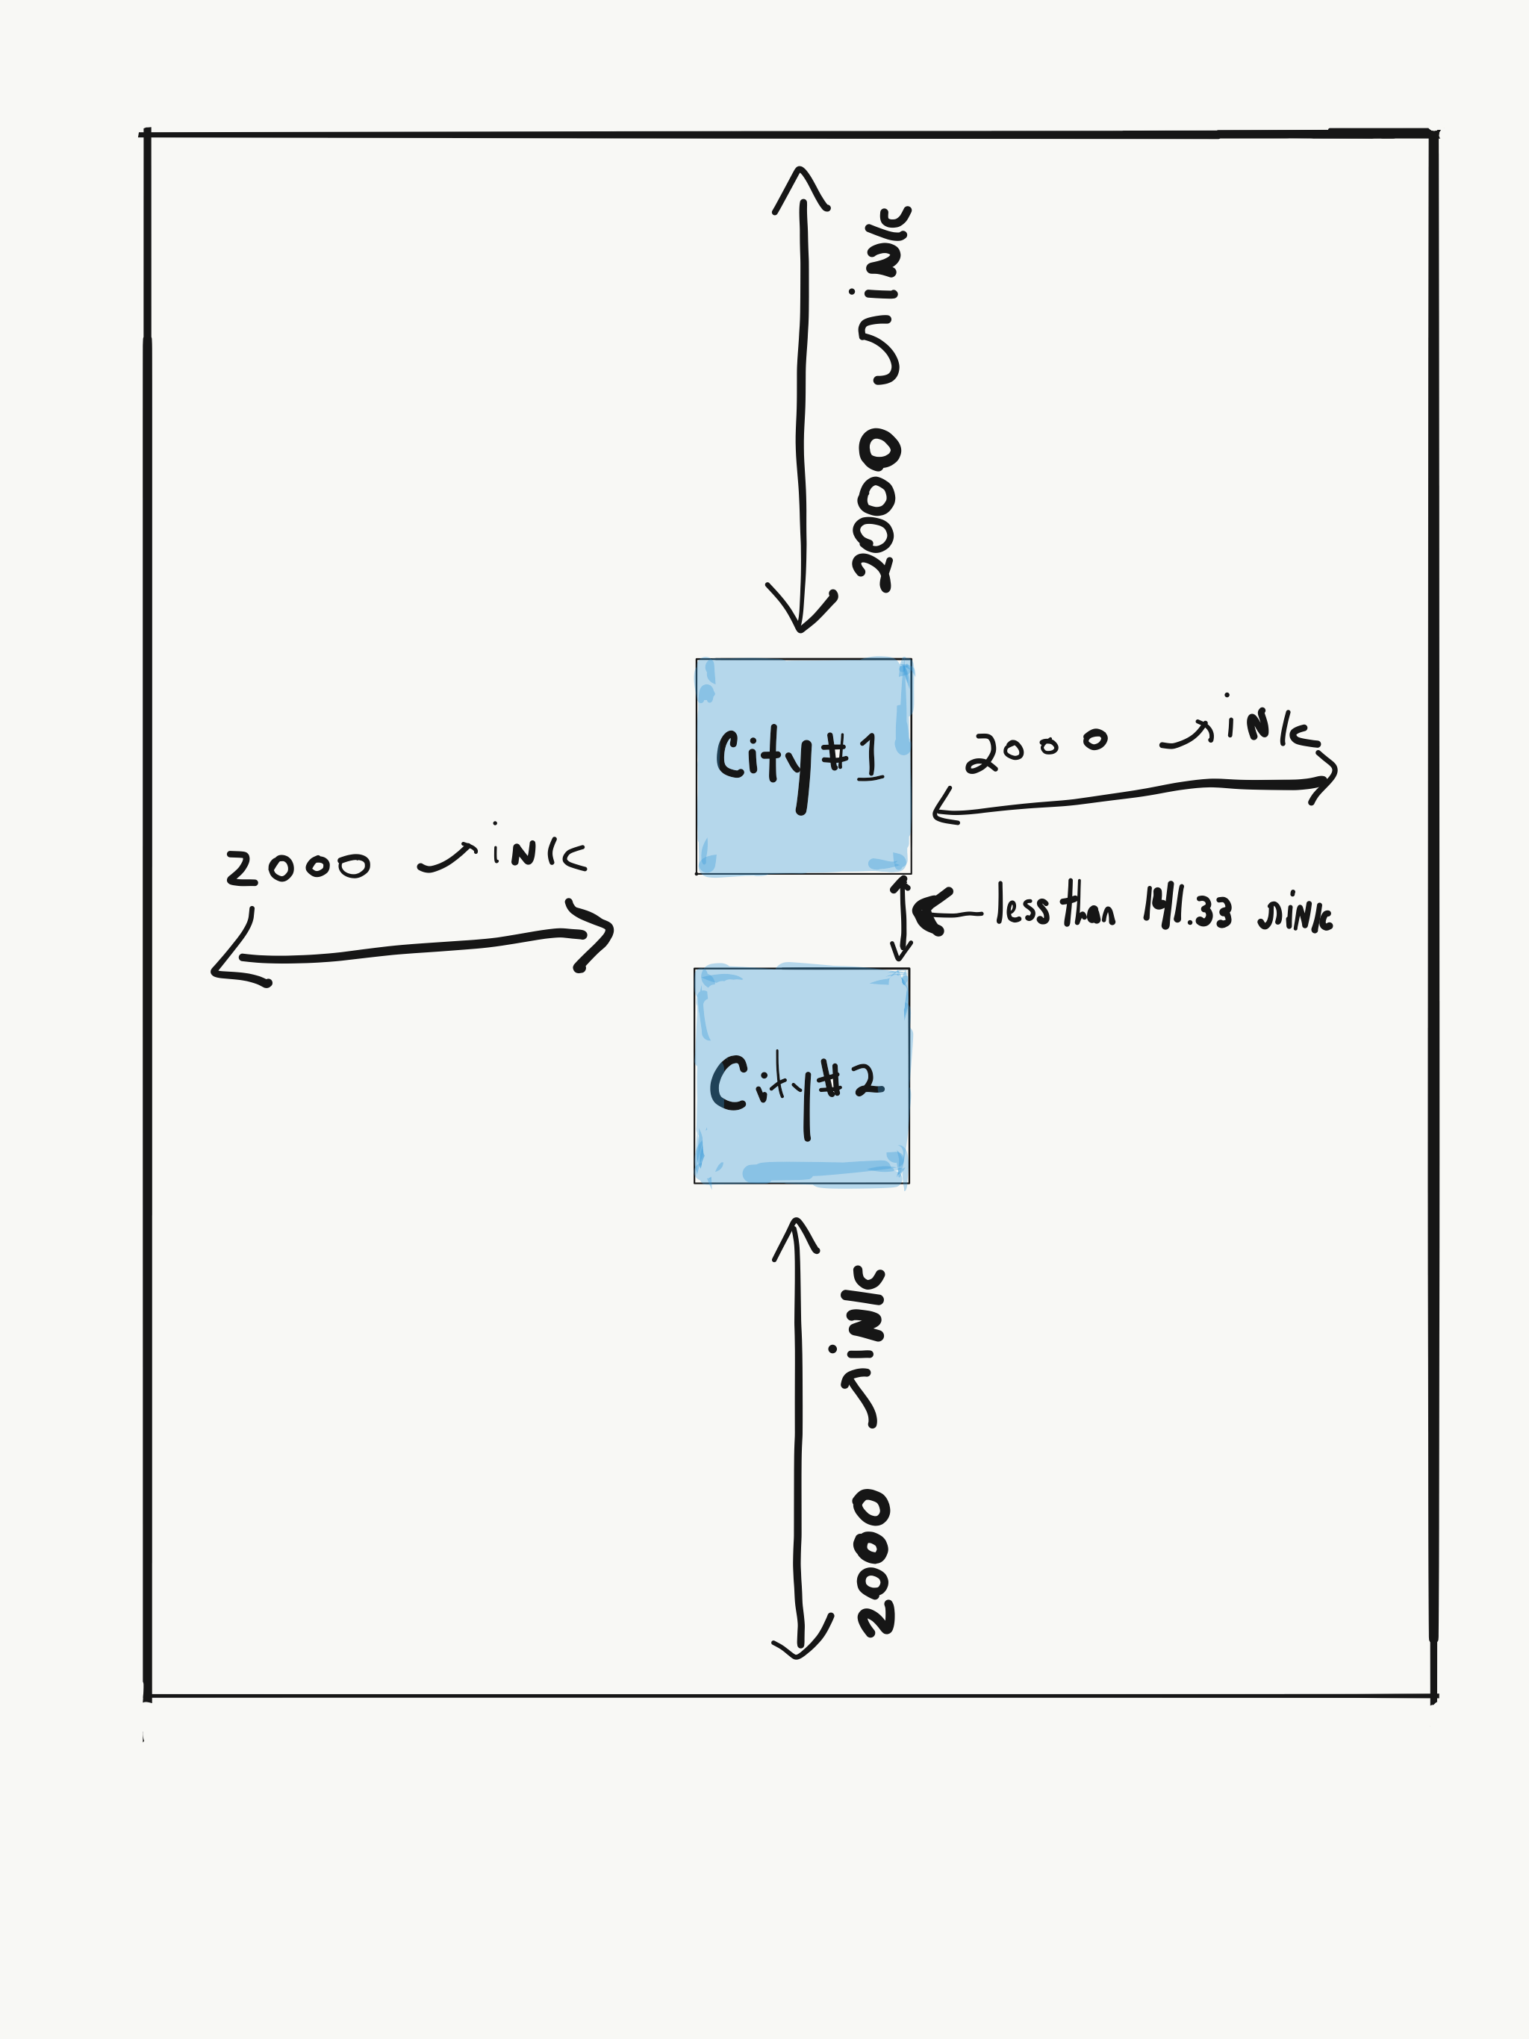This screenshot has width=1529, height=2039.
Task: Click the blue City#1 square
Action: [803, 766]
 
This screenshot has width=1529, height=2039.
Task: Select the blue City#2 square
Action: [801, 1075]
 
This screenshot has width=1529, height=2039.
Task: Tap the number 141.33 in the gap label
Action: [1187, 909]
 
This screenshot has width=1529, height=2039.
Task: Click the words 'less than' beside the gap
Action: [1054, 906]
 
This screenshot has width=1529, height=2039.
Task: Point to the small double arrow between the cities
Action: [901, 918]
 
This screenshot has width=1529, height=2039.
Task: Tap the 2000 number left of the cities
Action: [297, 867]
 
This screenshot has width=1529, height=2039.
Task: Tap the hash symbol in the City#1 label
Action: [835, 754]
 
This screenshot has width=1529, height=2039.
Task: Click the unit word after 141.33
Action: [1295, 913]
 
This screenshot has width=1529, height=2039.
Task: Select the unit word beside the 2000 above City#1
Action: [882, 295]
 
